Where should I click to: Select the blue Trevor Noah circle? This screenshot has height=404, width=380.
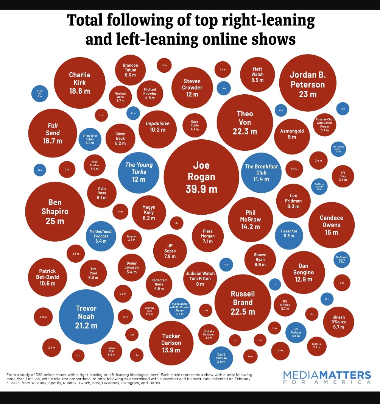[x=86, y=317]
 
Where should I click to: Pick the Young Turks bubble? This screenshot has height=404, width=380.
[x=139, y=172]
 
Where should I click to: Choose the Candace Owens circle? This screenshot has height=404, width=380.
[x=332, y=225]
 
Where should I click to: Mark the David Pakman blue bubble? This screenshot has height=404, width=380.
[x=221, y=358]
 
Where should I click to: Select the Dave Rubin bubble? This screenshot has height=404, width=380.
[x=195, y=125]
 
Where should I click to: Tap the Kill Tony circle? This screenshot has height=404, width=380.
[x=343, y=176]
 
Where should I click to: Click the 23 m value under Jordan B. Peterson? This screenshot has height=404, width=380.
[x=307, y=94]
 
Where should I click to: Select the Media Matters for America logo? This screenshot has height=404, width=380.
[x=327, y=377]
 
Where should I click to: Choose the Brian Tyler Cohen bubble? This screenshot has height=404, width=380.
[x=90, y=139]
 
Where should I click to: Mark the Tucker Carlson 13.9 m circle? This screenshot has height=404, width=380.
[x=171, y=343]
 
